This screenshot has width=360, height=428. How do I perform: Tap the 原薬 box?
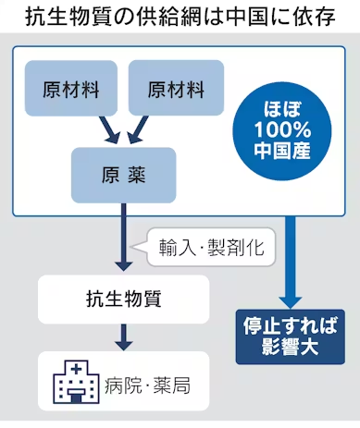pyautogui.click(x=122, y=175)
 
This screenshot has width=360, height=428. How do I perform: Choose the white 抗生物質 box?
pyautogui.click(x=122, y=300)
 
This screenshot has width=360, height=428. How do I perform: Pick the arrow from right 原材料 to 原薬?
pyautogui.click(x=141, y=130)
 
